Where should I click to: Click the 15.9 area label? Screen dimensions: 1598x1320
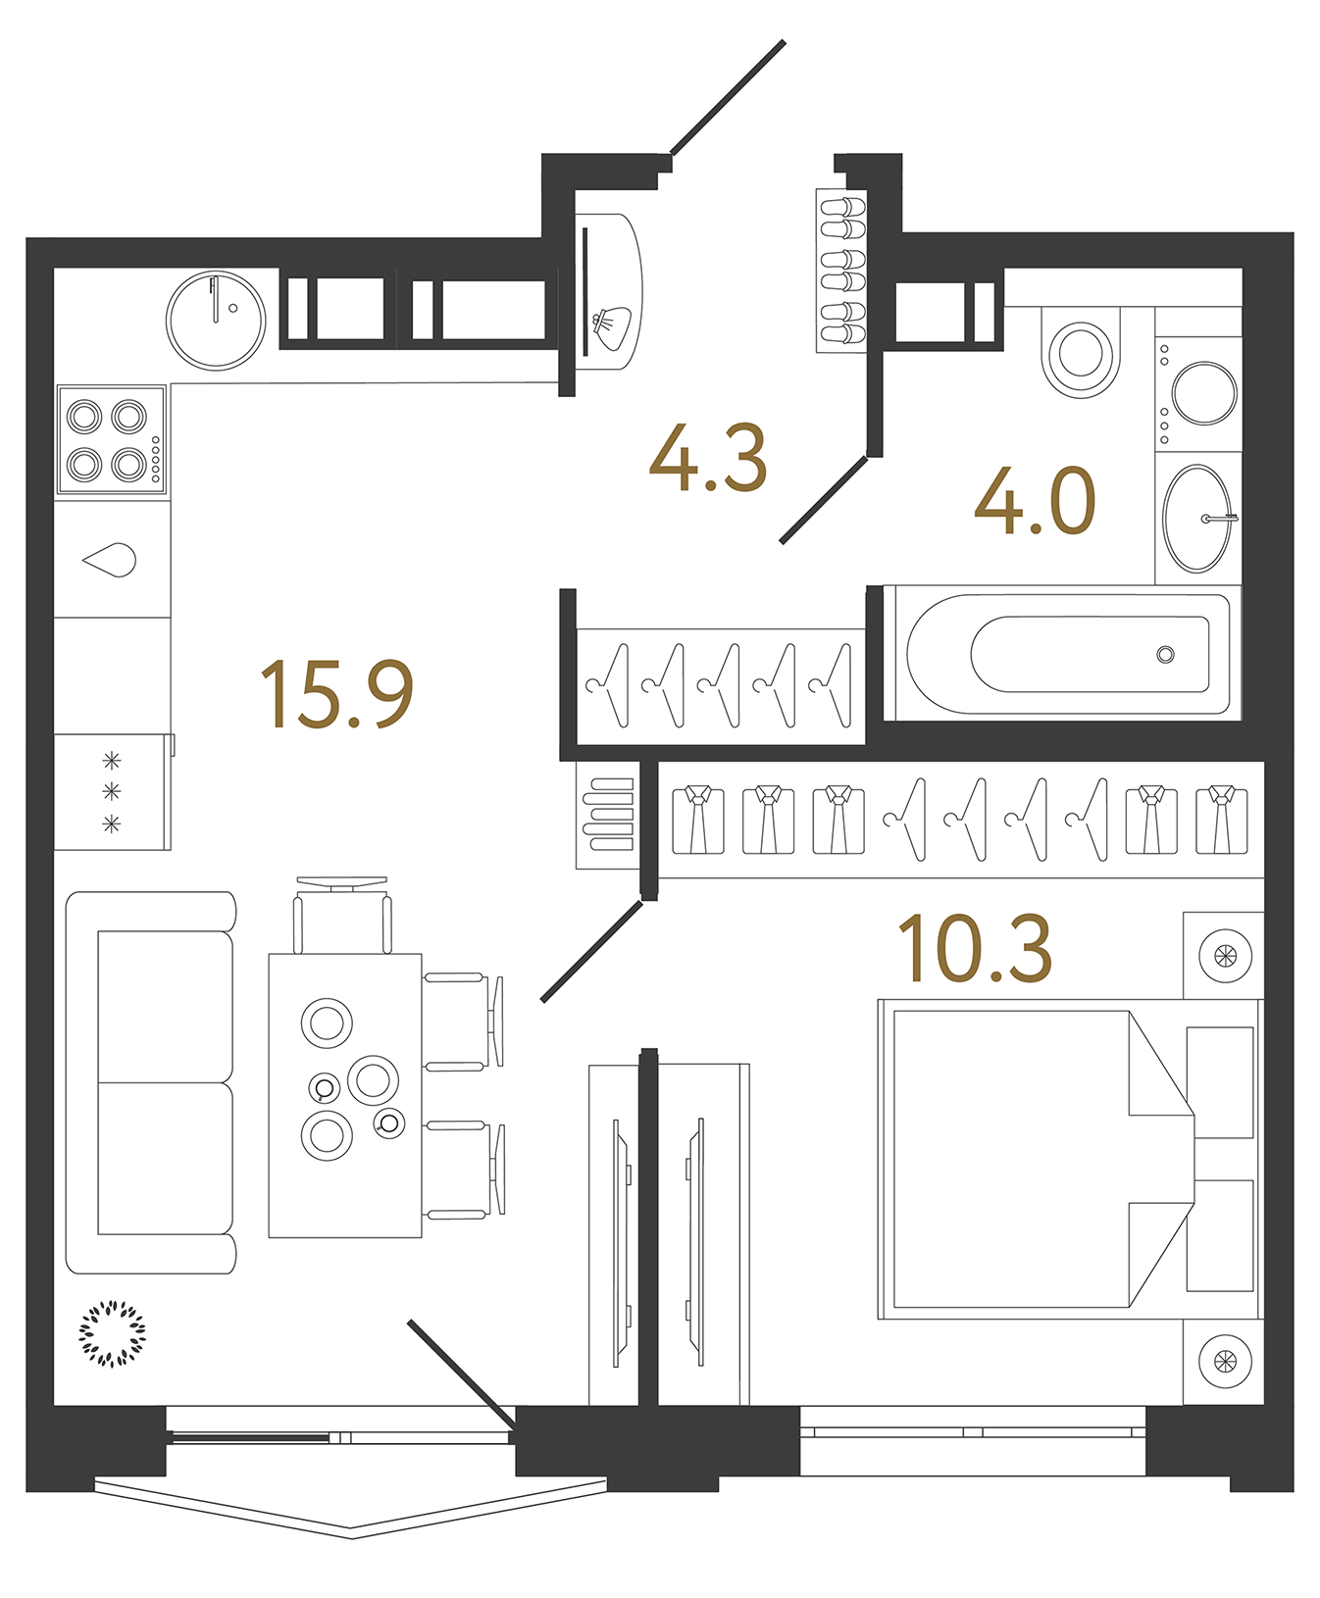click(x=336, y=694)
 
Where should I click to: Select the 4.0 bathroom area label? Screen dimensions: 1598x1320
click(x=1035, y=502)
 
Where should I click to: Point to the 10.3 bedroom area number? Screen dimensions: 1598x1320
click(x=975, y=948)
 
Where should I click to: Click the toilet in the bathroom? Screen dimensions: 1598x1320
click(x=1081, y=355)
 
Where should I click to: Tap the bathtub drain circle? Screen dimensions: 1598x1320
click(x=1165, y=654)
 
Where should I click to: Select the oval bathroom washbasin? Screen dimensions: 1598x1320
click(x=1195, y=519)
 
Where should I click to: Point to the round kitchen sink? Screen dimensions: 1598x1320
click(x=216, y=320)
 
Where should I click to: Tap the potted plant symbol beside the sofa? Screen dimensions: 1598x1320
click(x=113, y=1333)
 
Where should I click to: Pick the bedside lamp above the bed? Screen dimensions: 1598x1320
click(x=1225, y=956)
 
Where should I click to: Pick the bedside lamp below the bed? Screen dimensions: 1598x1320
click(x=1225, y=1361)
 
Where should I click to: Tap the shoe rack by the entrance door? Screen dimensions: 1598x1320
click(x=841, y=271)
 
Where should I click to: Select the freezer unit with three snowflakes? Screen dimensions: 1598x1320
click(x=112, y=791)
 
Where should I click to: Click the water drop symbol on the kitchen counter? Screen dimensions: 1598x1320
click(x=111, y=560)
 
